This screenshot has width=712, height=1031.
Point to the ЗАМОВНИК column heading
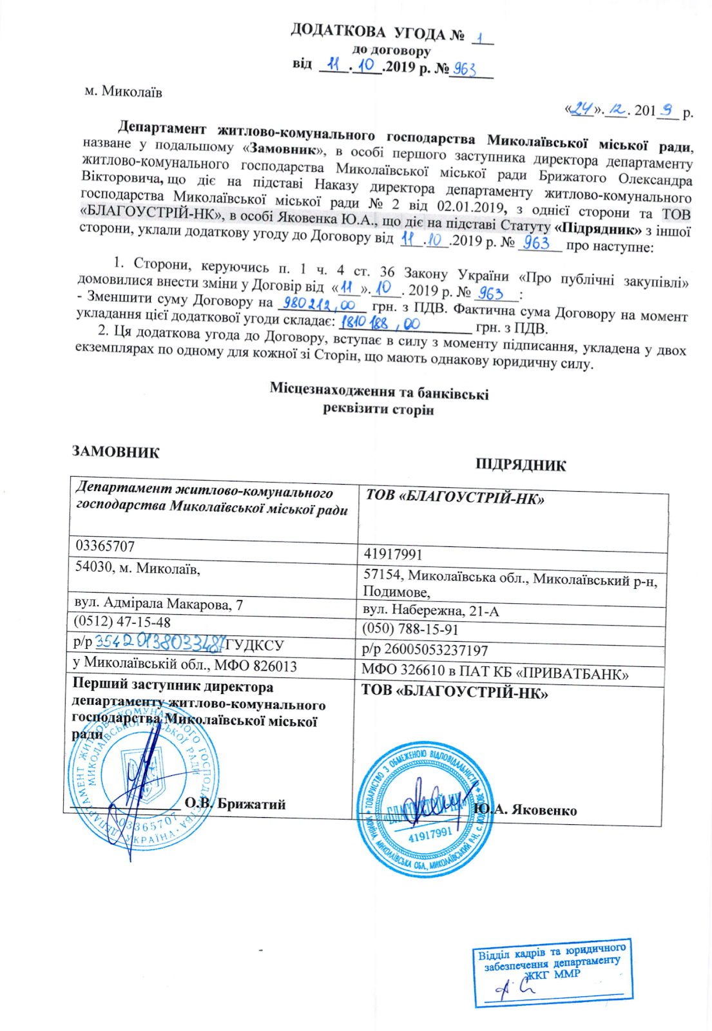(116, 452)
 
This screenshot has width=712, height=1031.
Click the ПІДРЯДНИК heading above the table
(521, 465)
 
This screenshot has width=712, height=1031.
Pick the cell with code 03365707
(106, 546)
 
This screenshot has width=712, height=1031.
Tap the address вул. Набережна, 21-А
(430, 611)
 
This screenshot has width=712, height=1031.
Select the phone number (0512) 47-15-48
(122, 622)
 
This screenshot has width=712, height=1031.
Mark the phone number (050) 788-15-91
(410, 630)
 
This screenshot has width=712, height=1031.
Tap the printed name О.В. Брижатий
(235, 804)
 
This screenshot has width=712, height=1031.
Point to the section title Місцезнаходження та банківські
(379, 392)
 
